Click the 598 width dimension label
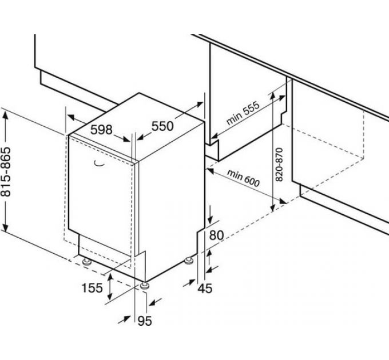point(101,129)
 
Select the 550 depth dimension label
point(162,126)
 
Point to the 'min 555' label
point(243,113)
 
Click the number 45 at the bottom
point(204,288)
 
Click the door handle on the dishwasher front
point(99,164)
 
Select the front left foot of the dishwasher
point(87,262)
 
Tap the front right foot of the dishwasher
point(144,284)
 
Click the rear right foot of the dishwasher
point(189,262)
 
